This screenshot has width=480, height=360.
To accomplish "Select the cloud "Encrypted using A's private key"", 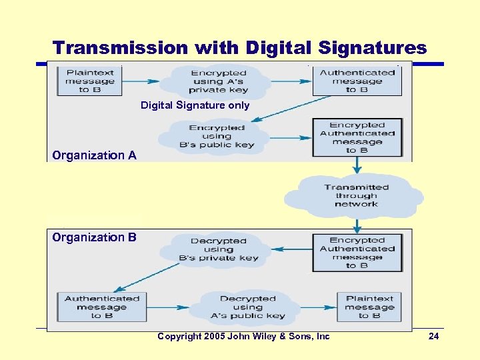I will coord(219,81).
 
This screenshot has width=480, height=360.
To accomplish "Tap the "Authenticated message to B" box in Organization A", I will coord(357,81).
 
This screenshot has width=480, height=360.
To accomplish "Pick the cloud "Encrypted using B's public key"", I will coord(217,136).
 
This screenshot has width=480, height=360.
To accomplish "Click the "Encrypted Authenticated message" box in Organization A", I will coord(357,137).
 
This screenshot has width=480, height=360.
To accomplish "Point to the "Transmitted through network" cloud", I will coord(356,195).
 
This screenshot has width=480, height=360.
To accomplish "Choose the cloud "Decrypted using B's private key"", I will coord(218,249).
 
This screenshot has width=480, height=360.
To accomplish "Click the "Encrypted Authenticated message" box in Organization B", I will coord(357,253).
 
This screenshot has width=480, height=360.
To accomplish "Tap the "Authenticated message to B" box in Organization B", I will coord(102,307).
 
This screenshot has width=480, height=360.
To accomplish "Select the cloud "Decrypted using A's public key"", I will coord(247,307).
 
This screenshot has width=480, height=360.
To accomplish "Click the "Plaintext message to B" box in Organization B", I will coord(369,307).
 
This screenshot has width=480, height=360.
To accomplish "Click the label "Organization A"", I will coord(94,155).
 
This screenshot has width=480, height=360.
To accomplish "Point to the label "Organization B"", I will coord(94,237).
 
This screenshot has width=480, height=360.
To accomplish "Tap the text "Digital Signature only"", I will coord(195,105).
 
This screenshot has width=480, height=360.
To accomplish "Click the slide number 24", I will coord(433,337).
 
